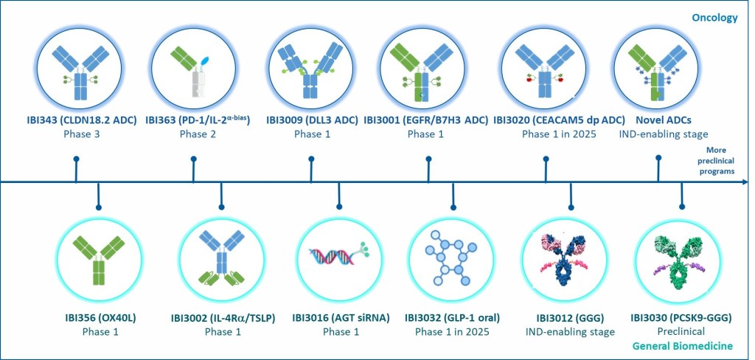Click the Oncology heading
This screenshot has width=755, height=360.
click(x=714, y=18)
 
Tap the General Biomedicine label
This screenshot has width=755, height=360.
click(x=682, y=346)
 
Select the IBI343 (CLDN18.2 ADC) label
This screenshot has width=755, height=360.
click(x=82, y=120)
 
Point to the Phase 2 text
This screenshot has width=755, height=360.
click(x=198, y=134)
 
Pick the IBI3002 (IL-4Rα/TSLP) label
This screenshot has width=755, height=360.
click(x=223, y=318)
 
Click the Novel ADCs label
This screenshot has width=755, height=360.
click(x=663, y=120)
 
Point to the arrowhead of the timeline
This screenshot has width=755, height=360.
click(x=745, y=182)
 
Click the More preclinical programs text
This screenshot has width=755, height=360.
click(x=717, y=161)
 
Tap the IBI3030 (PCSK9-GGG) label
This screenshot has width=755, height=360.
click(x=681, y=318)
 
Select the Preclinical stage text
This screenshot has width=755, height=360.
click(x=681, y=331)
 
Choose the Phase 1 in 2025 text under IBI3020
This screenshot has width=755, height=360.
click(x=559, y=134)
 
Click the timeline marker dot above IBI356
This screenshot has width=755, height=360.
click(x=99, y=207)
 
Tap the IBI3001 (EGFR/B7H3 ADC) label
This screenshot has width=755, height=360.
click(x=426, y=120)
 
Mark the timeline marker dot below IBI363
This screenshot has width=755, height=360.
click(x=194, y=158)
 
